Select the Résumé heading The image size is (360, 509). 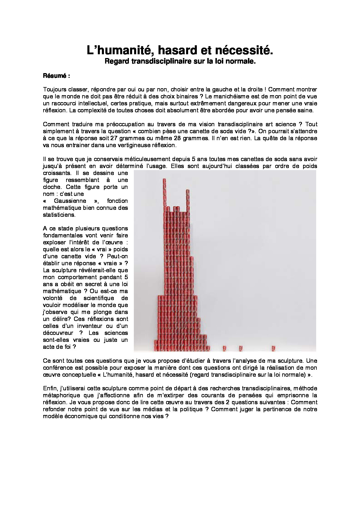pyautogui.click(x=55, y=76)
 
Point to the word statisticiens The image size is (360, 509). pyautogui.click(x=59, y=215)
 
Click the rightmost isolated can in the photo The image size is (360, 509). pyautogui.click(x=273, y=348)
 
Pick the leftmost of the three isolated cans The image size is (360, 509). pyautogui.click(x=224, y=348)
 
